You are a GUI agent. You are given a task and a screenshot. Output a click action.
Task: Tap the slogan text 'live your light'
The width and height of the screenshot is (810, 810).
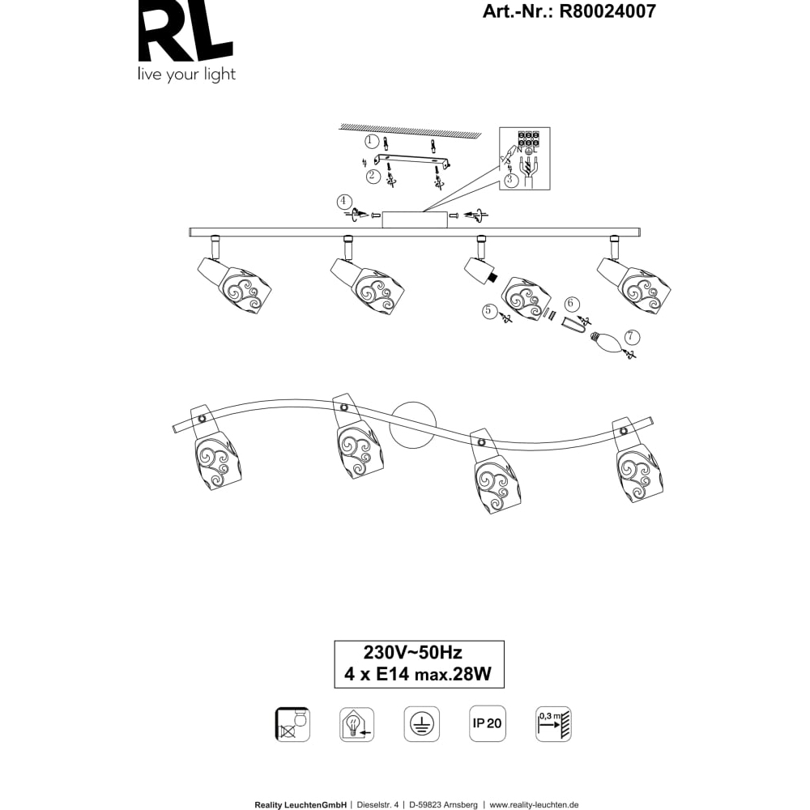tap(186, 75)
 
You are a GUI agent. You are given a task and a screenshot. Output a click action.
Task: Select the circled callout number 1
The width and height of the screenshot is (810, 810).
tap(371, 141)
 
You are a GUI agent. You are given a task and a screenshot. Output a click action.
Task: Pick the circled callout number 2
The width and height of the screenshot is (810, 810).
tap(373, 175)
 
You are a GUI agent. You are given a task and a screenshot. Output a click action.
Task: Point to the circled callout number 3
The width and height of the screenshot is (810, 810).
tap(510, 180)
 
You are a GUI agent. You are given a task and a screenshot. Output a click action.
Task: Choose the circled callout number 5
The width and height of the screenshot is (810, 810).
tap(488, 309)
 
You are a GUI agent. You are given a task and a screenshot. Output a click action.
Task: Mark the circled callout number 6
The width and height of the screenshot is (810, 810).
tap(571, 303)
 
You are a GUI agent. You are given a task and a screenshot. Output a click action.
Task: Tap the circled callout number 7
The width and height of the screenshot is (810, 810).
tap(632, 337)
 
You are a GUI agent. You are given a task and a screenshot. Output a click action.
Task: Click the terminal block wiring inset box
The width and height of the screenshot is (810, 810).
tap(524, 158)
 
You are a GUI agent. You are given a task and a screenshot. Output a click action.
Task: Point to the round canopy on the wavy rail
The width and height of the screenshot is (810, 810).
tap(413, 424)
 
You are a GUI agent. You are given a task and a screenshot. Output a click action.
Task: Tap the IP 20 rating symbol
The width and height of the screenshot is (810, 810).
tap(486, 723)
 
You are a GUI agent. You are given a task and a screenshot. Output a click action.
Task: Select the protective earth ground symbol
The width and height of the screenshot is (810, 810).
tap(421, 723)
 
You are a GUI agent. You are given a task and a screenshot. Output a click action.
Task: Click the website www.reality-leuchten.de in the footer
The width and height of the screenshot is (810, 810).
tap(534, 805)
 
